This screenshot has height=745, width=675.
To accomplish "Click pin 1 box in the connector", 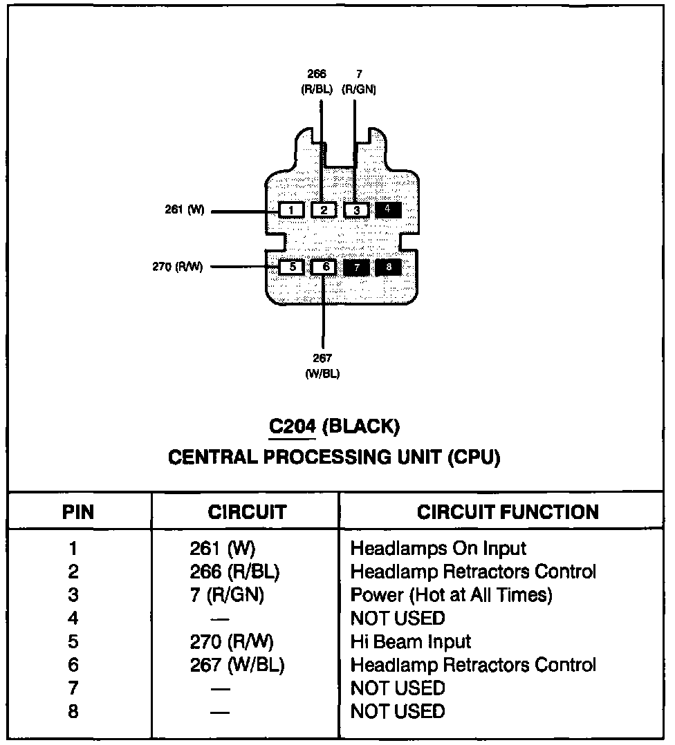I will pyautogui.click(x=292, y=209).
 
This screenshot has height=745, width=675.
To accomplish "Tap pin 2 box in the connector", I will pyautogui.click(x=324, y=209).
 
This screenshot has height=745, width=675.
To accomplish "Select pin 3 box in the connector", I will pyautogui.click(x=356, y=209).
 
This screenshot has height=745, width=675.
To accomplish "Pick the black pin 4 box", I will pyautogui.click(x=388, y=209).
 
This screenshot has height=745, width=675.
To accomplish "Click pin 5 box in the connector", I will pyautogui.click(x=292, y=267).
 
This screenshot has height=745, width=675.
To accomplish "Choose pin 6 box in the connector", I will pyautogui.click(x=324, y=267).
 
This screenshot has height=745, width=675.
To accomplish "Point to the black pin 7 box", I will pyautogui.click(x=356, y=267).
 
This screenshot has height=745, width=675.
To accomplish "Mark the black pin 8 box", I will pyautogui.click(x=388, y=267).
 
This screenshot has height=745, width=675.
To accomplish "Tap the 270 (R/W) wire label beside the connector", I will pyautogui.click(x=178, y=267).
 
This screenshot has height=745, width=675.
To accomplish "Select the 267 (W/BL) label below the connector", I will pyautogui.click(x=322, y=366).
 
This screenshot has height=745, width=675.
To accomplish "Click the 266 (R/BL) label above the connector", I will pyautogui.click(x=317, y=82).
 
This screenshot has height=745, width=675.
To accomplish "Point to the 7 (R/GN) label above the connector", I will pyautogui.click(x=358, y=82).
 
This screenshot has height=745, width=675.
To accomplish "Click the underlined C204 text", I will pyautogui.click(x=293, y=427).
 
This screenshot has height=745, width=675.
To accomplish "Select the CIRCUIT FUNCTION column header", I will pyautogui.click(x=508, y=512).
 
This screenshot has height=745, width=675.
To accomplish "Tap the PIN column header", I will pyautogui.click(x=78, y=512).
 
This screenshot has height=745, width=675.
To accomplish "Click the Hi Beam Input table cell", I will pyautogui.click(x=411, y=641).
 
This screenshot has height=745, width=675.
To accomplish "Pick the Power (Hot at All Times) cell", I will pyautogui.click(x=451, y=594).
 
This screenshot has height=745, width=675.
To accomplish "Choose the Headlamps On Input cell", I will pyautogui.click(x=438, y=549).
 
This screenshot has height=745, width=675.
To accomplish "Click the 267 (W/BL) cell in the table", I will pyautogui.click(x=237, y=665).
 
